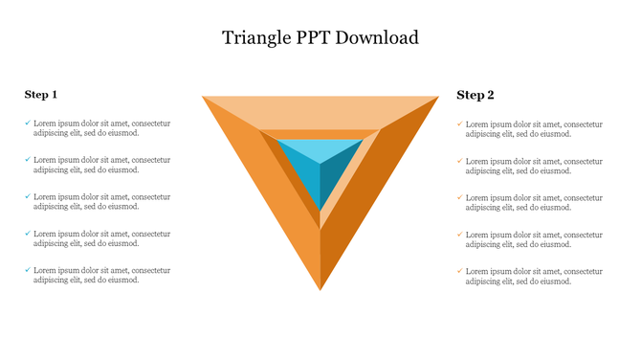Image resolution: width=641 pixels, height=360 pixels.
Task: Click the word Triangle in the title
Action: (x=253, y=38)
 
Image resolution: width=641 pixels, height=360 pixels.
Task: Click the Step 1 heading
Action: (x=41, y=94)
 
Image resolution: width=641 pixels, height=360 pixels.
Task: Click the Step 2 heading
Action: (x=475, y=95)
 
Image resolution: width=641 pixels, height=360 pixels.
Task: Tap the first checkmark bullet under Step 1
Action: (x=28, y=123)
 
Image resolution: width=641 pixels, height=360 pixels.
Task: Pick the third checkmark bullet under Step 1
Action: (x=28, y=196)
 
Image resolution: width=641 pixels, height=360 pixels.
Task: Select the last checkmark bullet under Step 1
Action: (x=28, y=270)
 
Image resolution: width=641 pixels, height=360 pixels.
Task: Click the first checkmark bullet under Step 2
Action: (x=460, y=124)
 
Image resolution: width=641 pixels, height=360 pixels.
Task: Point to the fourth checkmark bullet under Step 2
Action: (x=460, y=234)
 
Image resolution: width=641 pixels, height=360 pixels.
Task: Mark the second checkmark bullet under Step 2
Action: (x=460, y=161)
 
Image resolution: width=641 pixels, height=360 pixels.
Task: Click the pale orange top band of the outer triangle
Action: (x=320, y=112)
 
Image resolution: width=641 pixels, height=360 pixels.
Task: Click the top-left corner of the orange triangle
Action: (x=205, y=98)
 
